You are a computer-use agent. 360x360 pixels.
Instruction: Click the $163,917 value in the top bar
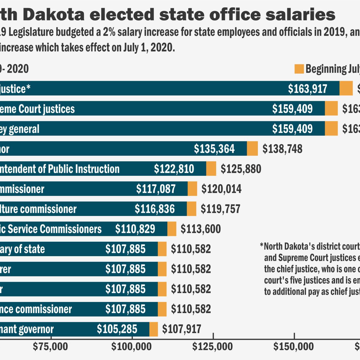tap(308, 89)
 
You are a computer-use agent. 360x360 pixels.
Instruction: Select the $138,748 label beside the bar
tap(282, 149)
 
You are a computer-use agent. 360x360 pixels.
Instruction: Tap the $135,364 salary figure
tap(214, 149)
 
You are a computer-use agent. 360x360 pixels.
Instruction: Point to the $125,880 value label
tap(241, 169)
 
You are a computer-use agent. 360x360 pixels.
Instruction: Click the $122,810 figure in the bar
tap(174, 169)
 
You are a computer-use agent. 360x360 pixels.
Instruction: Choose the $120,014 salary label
tap(221, 189)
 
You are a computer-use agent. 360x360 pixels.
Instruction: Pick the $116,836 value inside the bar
tap(155, 209)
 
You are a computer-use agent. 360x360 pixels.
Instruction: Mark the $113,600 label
tap(201, 229)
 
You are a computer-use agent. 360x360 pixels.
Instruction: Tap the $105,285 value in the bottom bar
tap(117, 329)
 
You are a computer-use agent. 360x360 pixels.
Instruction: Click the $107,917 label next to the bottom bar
tap(182, 329)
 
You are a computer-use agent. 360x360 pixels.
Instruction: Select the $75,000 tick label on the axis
tap(50, 347)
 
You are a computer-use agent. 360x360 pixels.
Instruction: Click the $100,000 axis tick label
tap(132, 347)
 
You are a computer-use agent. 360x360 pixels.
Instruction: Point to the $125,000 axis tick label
tap(213, 347)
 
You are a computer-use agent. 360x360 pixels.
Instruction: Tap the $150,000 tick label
tap(293, 347)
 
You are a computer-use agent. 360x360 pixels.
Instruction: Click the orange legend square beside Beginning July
tap(299, 69)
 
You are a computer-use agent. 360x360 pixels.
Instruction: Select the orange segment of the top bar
tap(346, 89)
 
